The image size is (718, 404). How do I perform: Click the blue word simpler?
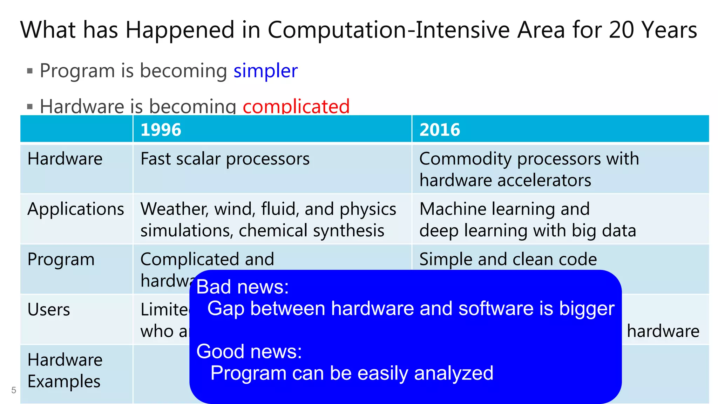(x=265, y=71)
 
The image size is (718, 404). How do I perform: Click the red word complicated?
(x=296, y=106)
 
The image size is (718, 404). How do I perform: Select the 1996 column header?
(x=161, y=129)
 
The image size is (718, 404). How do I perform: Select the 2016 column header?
(x=440, y=129)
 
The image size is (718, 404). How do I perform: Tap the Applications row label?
(x=76, y=209)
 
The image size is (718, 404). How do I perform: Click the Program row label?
(x=61, y=260)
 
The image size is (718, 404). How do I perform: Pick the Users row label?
(x=49, y=310)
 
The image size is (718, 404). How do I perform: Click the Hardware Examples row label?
(x=65, y=370)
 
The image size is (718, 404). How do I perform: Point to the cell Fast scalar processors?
(x=225, y=159)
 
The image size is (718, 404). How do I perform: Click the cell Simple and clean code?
(x=508, y=259)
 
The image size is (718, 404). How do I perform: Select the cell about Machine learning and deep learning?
(x=527, y=220)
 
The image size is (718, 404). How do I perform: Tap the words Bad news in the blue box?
(x=242, y=287)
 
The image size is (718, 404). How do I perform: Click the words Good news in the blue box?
(x=249, y=351)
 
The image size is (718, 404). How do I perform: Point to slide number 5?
(x=14, y=390)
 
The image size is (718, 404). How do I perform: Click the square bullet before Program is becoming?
(x=30, y=71)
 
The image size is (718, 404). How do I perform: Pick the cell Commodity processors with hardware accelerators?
(x=529, y=169)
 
